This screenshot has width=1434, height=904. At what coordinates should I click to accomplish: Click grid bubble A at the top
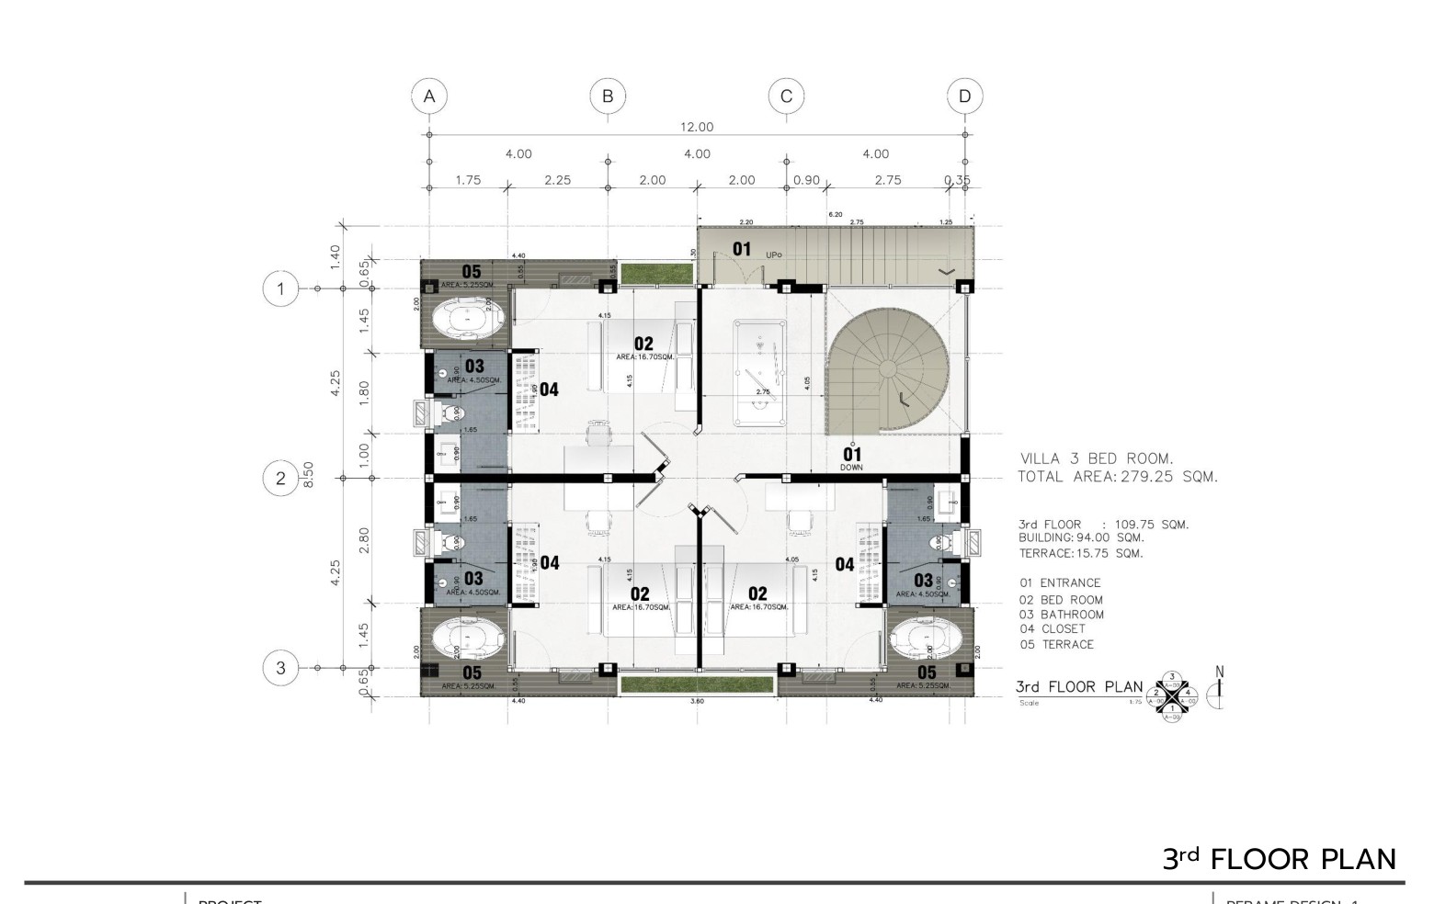pyautogui.click(x=428, y=96)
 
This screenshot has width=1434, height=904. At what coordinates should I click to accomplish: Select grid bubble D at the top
pyautogui.click(x=964, y=96)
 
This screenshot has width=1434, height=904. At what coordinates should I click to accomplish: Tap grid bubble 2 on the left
pyautogui.click(x=280, y=478)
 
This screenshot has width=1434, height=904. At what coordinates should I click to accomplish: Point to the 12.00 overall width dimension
pyautogui.click(x=697, y=127)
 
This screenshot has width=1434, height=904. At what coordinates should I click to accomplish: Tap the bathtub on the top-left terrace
pyautogui.click(x=468, y=320)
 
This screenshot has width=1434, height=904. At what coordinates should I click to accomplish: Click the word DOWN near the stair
pyautogui.click(x=852, y=468)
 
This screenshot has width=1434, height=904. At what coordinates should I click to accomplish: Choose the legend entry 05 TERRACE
pyautogui.click(x=1056, y=645)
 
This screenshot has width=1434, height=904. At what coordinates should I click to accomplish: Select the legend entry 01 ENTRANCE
pyautogui.click(x=1059, y=582)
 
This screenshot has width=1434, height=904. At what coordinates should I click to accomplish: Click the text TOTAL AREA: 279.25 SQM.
pyautogui.click(x=1117, y=477)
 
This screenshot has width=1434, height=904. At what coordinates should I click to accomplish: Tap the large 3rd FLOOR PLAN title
pyautogui.click(x=1279, y=859)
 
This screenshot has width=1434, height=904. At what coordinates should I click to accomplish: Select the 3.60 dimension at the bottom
pyautogui.click(x=697, y=702)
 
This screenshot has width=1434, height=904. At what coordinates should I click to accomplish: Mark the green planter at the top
pyautogui.click(x=656, y=273)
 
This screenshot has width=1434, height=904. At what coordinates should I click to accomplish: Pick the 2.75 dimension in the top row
pyautogui.click(x=887, y=180)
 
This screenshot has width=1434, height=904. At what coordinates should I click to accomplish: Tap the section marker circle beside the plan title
pyautogui.click(x=1172, y=695)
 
